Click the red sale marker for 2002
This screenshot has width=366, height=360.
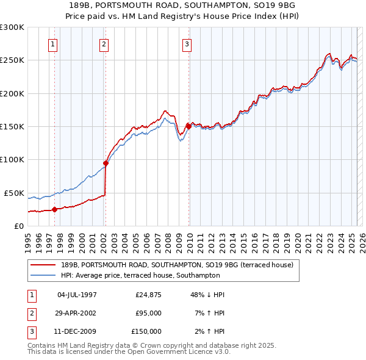pos(106,163)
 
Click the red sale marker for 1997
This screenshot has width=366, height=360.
pos(54,209)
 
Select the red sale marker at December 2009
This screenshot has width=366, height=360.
pos(188,126)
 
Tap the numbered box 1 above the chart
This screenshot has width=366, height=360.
pos(53,44)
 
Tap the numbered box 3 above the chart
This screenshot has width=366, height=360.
pos(186,44)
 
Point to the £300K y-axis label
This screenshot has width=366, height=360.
pos(12,27)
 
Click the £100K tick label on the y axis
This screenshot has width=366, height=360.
pos(12,159)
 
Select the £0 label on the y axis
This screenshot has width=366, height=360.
pos(19,226)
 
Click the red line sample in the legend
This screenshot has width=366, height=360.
pos(43,265)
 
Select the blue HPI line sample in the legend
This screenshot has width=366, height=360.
pos(43,275)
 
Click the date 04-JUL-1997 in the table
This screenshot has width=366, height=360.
pos(77,295)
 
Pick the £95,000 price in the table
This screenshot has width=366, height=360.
pos(148,313)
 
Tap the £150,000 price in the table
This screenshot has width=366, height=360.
pos(146,331)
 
